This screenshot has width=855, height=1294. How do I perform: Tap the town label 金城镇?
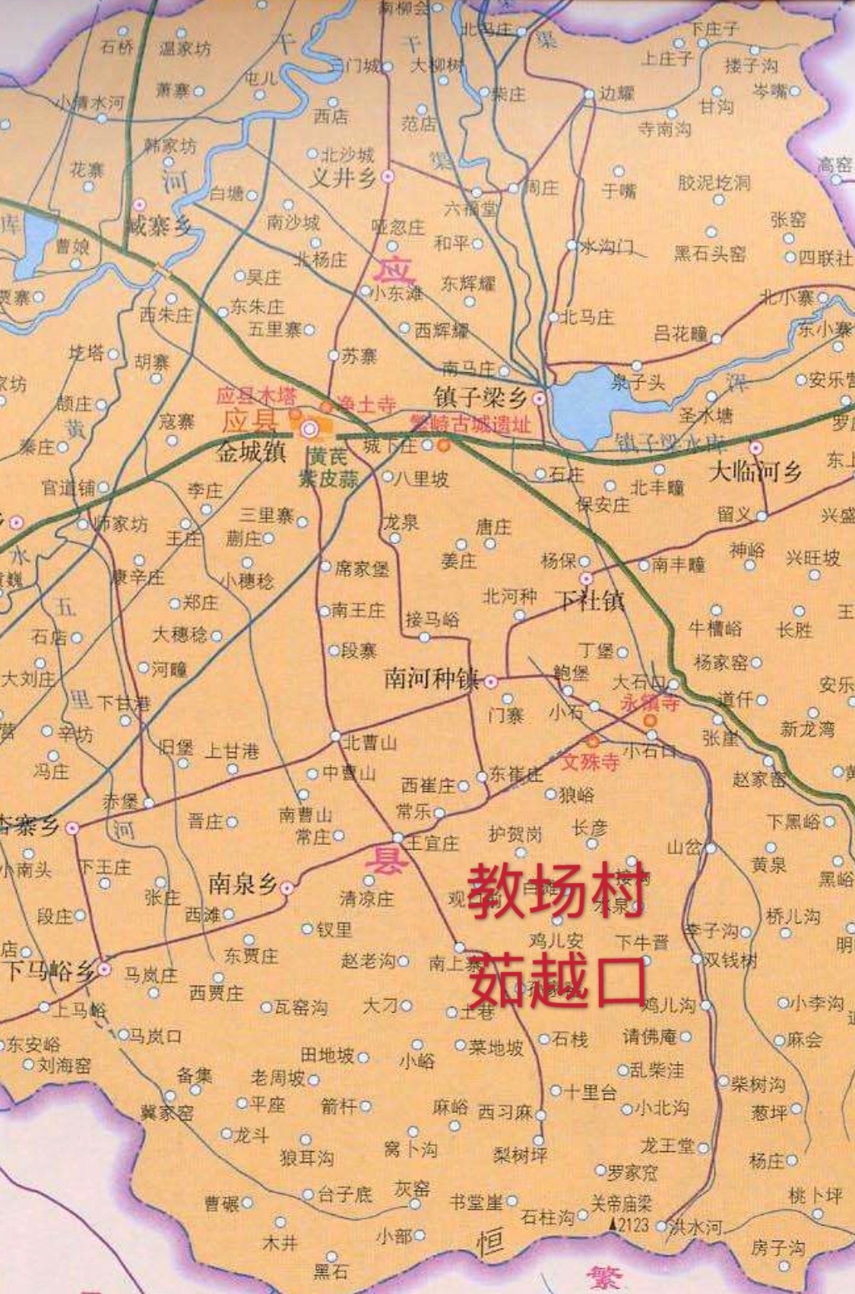(x=250, y=453)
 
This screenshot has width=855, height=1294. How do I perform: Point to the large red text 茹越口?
(x=556, y=980)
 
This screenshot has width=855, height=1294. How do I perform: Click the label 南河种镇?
(x=431, y=678)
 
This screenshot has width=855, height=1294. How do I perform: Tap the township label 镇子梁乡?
(x=480, y=397)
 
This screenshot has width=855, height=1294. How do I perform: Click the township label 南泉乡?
(x=242, y=885)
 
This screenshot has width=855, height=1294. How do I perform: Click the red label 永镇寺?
(x=649, y=703)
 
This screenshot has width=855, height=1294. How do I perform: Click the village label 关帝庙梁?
(x=622, y=1203)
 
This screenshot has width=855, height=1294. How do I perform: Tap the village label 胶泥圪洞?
(x=714, y=183)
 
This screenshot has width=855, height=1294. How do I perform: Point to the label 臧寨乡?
(x=159, y=226)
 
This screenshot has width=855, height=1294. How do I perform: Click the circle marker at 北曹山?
(x=335, y=736)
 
